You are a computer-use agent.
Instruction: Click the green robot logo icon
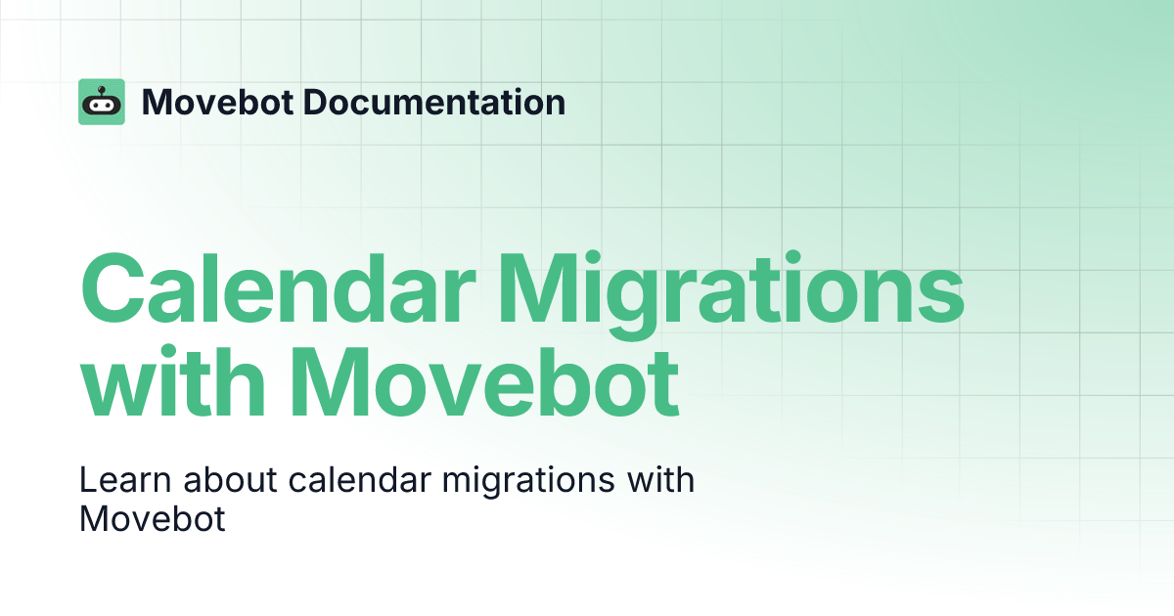(102, 102)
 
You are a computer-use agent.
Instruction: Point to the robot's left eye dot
(95, 107)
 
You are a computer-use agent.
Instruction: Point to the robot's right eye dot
(109, 107)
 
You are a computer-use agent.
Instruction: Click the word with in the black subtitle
(659, 481)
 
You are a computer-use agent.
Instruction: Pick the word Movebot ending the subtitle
(152, 519)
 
